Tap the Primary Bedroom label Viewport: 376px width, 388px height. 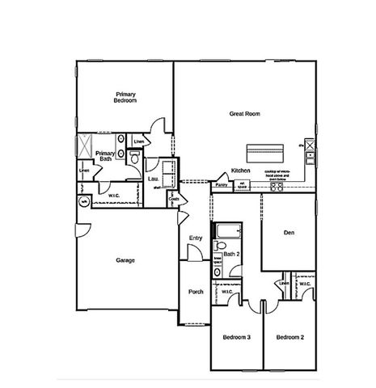coord(125,97)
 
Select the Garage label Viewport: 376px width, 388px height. coord(125,260)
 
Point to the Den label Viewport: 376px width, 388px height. coord(288,233)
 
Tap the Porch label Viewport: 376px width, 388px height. coord(196,292)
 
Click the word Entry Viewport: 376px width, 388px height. coord(195,238)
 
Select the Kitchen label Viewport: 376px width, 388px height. coord(240,171)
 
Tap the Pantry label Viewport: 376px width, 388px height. coord(221,185)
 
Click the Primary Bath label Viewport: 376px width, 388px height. coord(104,155)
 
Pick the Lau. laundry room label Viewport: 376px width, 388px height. coord(153,179)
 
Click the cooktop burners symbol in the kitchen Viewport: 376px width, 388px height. coord(277,187)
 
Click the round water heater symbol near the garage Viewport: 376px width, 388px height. coord(82,203)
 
